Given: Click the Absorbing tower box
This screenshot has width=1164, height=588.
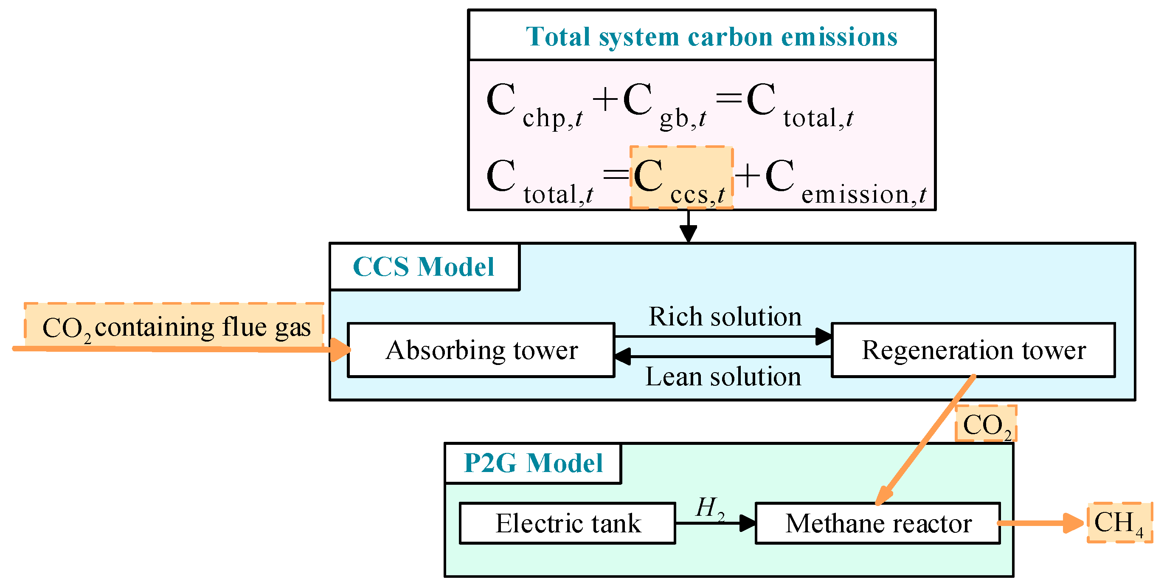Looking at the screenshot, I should point(481,350).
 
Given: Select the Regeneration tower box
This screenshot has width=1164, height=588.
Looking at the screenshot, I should point(973,350).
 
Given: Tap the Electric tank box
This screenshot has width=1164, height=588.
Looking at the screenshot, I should point(568,523).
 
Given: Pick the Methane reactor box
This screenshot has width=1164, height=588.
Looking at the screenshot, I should point(877,523).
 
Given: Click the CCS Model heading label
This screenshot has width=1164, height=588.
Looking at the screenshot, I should point(423,267).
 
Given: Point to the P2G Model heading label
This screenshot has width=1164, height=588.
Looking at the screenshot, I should point(533,463).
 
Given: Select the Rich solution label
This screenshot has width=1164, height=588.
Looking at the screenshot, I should point(725,317).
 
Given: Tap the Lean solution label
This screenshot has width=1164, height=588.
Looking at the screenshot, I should point(723,377).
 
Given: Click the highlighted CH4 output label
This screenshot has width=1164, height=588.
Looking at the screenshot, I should point(1119,523).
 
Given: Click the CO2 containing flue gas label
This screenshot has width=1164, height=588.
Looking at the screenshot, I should point(176,328).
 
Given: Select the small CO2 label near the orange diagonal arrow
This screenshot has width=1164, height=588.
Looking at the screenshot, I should point(986,424).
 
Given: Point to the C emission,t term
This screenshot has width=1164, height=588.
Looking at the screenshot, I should point(845,181).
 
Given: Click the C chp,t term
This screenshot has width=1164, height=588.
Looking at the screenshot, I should point(533,105).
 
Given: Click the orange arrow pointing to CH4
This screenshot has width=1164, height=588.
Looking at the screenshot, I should point(1039,523).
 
